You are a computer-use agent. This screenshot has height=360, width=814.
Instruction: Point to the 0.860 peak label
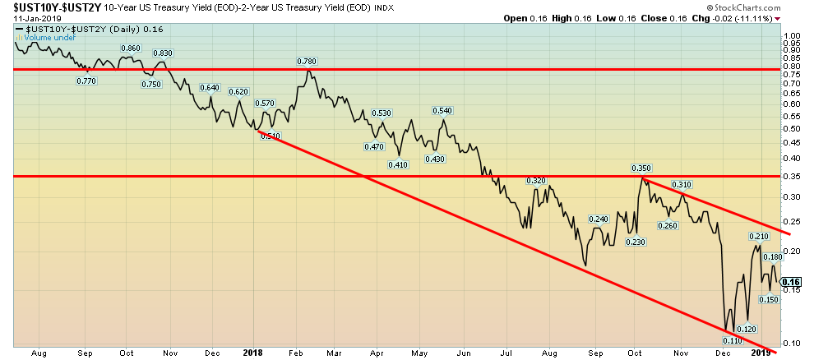coord(131,48)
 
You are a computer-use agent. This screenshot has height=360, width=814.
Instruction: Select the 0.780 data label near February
coord(308,61)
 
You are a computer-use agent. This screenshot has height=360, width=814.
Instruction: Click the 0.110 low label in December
coord(732,339)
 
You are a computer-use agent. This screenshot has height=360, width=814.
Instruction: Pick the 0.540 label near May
coord(442,110)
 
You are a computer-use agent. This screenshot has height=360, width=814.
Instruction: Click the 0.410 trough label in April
coord(398,164)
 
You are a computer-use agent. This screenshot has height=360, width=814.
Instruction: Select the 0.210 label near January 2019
coord(757,237)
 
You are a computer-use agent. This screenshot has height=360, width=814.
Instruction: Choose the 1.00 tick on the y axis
coord(793,36)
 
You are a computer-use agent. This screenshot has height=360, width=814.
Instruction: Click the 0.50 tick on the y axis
coord(793,128)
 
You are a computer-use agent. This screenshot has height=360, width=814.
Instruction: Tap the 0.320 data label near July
coord(536,180)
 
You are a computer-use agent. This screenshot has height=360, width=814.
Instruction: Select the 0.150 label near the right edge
coord(768,299)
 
